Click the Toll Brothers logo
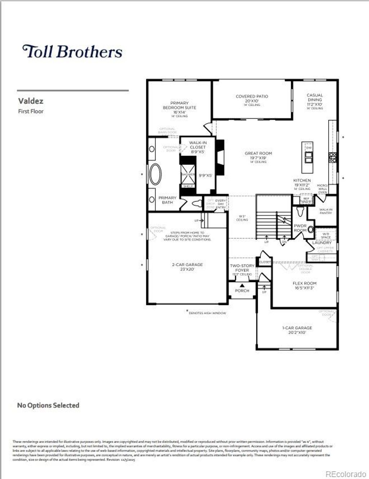click(72, 52)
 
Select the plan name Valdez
click(31, 101)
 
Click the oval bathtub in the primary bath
click(156, 174)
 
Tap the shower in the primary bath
click(188, 174)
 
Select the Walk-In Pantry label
click(326, 211)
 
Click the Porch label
click(242, 290)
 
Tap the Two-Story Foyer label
click(242, 268)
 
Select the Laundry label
click(322, 243)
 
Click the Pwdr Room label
click(300, 228)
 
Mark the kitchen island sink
click(309, 155)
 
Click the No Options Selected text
click(48, 405)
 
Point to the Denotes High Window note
click(207, 313)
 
